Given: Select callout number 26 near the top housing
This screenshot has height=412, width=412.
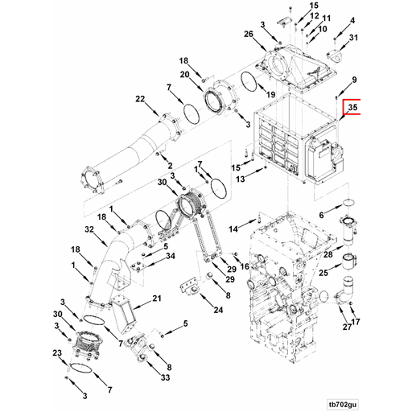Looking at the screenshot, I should point(249,34).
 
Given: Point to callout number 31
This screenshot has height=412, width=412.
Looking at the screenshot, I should point(352,38).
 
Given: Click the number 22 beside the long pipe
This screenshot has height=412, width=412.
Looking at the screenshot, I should point(140,99).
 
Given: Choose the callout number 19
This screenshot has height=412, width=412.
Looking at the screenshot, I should point(272,95).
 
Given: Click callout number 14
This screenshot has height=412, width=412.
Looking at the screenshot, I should point(233,230).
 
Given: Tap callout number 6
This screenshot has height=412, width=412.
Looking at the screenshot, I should point(320,215).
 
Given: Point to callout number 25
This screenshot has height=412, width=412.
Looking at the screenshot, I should point(323,274).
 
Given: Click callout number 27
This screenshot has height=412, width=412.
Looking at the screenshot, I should point(347,328).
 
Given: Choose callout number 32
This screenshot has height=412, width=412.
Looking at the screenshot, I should point(91,229).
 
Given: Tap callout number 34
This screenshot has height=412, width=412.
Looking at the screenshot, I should point(170,257).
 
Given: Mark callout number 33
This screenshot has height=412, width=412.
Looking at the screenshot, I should point(165,377).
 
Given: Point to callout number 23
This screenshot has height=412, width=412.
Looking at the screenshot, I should point(57,353).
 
